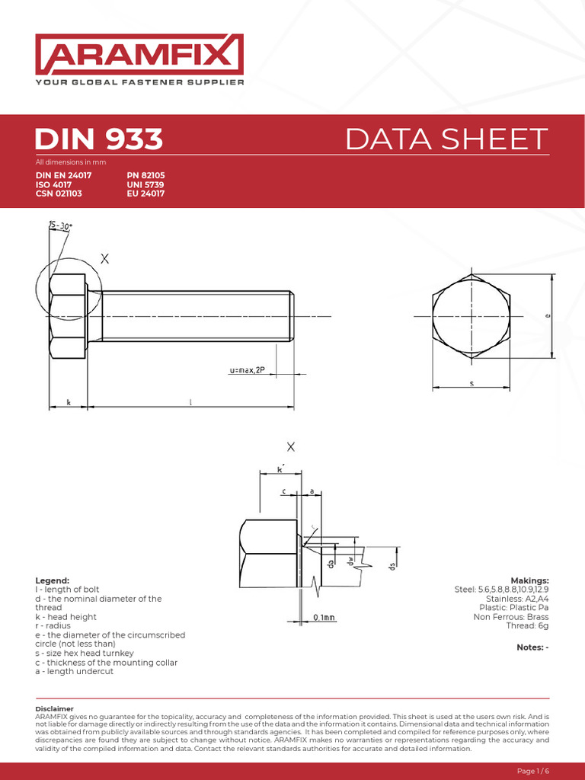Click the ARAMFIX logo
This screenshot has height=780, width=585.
[x=139, y=54]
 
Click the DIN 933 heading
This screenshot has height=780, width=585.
[x=99, y=139]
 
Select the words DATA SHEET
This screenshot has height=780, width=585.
[x=446, y=139]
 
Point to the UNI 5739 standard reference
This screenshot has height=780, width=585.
[x=145, y=184]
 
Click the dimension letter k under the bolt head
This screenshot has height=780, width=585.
[x=69, y=402]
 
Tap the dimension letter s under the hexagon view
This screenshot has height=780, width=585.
[x=472, y=384]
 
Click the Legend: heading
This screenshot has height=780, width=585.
[x=53, y=580]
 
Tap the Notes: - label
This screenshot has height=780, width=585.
[x=532, y=647]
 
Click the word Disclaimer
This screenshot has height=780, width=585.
[x=55, y=708]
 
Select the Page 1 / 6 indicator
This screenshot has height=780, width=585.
[x=533, y=771]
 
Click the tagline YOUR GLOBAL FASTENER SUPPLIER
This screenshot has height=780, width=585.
[x=139, y=82]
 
